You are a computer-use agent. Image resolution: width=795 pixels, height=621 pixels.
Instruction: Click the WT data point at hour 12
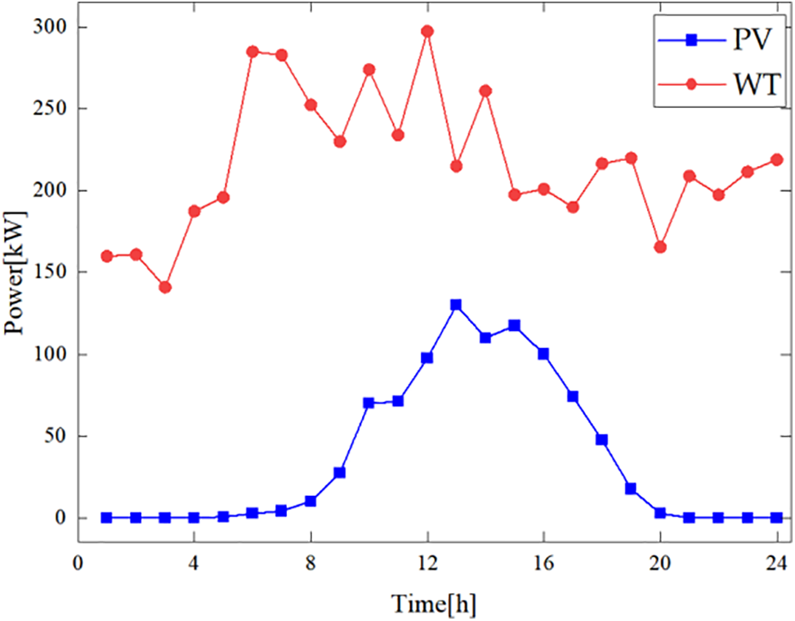click(427, 31)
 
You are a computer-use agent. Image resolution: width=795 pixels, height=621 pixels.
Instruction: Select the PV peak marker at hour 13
click(456, 305)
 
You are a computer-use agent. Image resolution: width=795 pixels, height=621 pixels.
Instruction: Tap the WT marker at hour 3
click(165, 287)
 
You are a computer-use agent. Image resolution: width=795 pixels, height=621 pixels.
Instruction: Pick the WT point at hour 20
click(660, 247)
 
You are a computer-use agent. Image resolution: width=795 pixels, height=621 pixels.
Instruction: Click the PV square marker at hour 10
click(368, 403)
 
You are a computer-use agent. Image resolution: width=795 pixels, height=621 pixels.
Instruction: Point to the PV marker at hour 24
click(776, 517)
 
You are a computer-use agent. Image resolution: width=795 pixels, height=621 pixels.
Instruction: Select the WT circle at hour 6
click(252, 51)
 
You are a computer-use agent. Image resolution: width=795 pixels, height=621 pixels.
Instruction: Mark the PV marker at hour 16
click(543, 354)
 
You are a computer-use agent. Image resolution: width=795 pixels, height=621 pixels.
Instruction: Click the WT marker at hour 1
click(107, 256)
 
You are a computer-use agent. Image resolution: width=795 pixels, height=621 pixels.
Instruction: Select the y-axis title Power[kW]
click(17, 273)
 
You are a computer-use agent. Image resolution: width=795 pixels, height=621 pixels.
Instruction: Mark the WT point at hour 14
click(485, 91)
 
